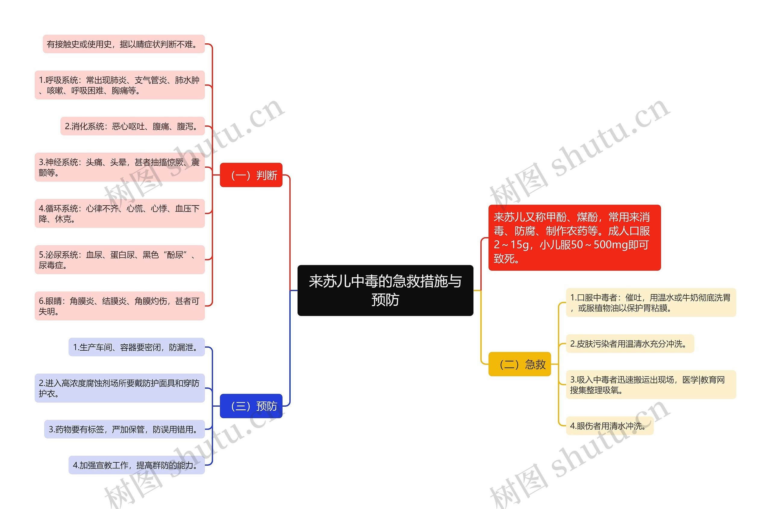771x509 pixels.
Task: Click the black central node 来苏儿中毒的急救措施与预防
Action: pyautogui.click(x=385, y=290)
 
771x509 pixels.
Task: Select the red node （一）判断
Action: pyautogui.click(x=251, y=175)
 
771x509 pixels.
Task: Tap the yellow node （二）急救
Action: pyautogui.click(x=519, y=364)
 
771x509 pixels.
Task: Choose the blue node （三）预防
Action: pyautogui.click(x=251, y=406)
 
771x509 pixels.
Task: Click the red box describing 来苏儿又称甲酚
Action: pyautogui.click(x=574, y=237)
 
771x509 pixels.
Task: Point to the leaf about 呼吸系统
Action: pyautogui.click(x=120, y=85)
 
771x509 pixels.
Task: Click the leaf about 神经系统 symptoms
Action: pyautogui.click(x=120, y=167)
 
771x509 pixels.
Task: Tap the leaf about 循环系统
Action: pyautogui.click(x=120, y=213)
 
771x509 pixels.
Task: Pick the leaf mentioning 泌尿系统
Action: pyautogui.click(x=120, y=260)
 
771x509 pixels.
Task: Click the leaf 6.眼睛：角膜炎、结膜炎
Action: pyautogui.click(x=120, y=306)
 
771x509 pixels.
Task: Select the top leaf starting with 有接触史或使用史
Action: pyautogui.click(x=123, y=44)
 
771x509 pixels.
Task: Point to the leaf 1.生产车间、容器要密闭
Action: pyautogui.click(x=136, y=347)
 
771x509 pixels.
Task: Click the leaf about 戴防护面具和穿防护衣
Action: pyautogui.click(x=120, y=388)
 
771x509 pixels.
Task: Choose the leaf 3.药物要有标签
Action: pyautogui.click(x=124, y=429)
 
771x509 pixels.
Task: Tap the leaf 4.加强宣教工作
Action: pyautogui.click(x=136, y=465)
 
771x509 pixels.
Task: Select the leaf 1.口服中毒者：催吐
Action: pyautogui.click(x=651, y=302)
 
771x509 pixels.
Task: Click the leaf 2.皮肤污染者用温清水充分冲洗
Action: pyautogui.click(x=630, y=343)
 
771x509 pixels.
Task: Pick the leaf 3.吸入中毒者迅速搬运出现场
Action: pyautogui.click(x=651, y=384)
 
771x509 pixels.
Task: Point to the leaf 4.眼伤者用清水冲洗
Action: pyautogui.click(x=609, y=426)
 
